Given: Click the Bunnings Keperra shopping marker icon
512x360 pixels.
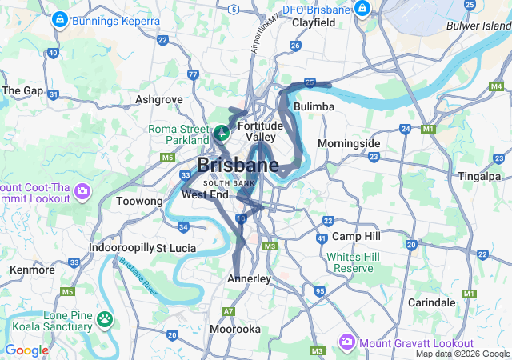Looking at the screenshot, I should [58, 18].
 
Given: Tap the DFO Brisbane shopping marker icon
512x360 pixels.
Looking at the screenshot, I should [362, 10].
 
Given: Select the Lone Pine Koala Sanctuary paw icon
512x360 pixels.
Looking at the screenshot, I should [105, 319].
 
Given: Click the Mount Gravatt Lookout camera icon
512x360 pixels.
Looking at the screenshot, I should [347, 342].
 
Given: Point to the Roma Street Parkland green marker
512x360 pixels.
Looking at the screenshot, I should [221, 130].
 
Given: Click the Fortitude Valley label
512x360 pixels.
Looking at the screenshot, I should [260, 132].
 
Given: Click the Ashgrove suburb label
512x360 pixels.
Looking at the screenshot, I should [160, 99].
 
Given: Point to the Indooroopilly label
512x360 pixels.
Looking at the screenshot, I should [121, 248].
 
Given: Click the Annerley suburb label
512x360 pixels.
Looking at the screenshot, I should [250, 278].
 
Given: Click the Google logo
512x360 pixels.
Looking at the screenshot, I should [26, 350].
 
